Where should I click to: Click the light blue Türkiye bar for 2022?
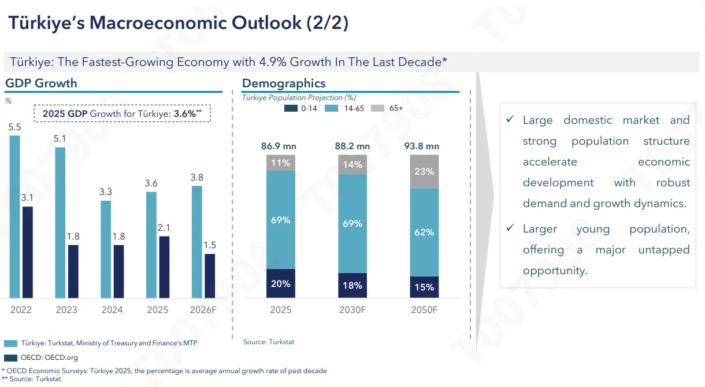[14, 216]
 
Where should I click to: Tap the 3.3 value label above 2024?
[106, 192]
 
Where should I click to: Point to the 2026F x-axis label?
[203, 310]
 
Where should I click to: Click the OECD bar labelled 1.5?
[209, 276]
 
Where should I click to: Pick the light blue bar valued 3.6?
[151, 245]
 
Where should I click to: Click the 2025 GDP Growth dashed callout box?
[123, 113]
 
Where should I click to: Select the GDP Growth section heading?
[41, 83]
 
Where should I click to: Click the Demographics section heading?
[284, 83]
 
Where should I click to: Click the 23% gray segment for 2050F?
[424, 171]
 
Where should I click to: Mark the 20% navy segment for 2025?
[281, 283]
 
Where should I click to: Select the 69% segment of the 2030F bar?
[352, 223]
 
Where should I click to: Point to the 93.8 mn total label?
[422, 146]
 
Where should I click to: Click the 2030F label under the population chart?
[352, 310]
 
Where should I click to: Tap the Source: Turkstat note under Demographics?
[269, 342]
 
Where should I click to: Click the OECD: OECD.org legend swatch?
[10, 357]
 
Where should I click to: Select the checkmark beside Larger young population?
[510, 228]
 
